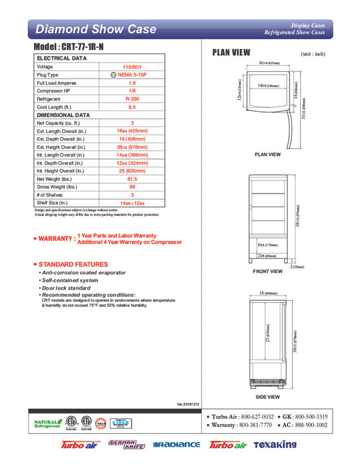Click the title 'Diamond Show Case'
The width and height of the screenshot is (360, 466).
(x=95, y=29)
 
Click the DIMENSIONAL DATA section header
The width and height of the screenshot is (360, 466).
(x=63, y=115)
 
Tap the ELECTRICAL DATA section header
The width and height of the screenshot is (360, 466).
(x=60, y=59)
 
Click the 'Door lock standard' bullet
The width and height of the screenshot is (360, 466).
(x=67, y=288)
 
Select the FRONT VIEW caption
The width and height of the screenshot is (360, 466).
(x=268, y=272)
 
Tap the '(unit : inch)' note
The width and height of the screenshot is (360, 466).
(x=313, y=53)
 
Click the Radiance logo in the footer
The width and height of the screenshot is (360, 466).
(x=176, y=444)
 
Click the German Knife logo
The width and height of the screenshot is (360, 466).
(x=122, y=443)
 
